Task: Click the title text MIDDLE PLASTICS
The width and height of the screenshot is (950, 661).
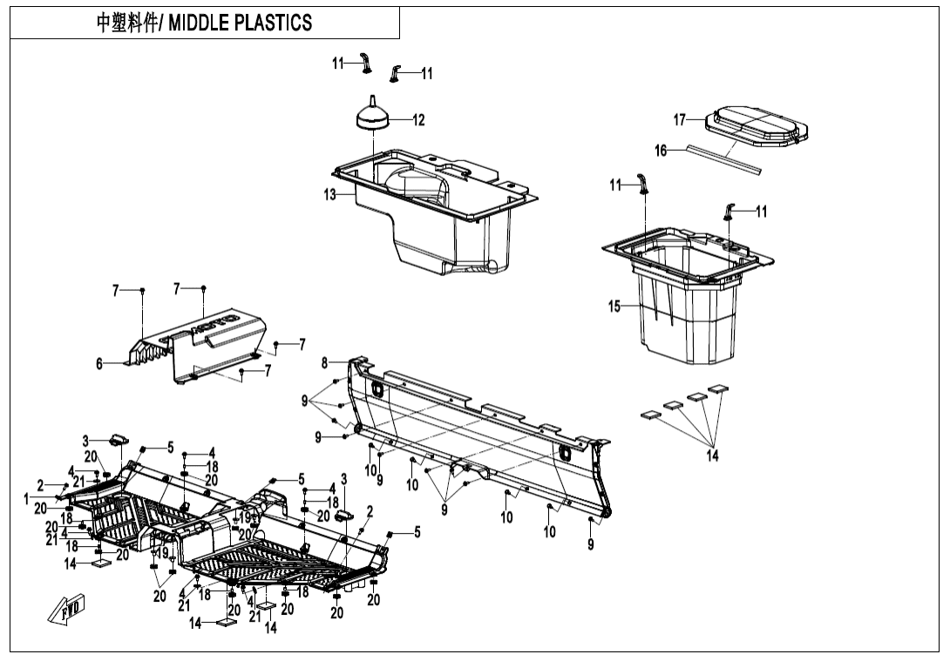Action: [x=240, y=24]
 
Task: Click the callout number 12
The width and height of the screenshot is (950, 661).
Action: [x=418, y=120]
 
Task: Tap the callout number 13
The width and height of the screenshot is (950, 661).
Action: [x=330, y=195]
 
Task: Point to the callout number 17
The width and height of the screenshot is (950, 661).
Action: [x=680, y=119]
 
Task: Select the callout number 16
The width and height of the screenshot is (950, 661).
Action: [x=661, y=151]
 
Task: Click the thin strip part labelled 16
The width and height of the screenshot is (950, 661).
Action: [x=723, y=158]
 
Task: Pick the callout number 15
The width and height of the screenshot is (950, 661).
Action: [x=614, y=306]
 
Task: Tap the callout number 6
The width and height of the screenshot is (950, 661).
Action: [x=99, y=364]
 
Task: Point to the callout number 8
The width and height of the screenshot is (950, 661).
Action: [x=324, y=361]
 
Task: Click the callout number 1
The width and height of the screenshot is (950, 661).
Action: [x=26, y=498]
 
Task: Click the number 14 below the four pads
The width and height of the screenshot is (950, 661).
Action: [x=713, y=455]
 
